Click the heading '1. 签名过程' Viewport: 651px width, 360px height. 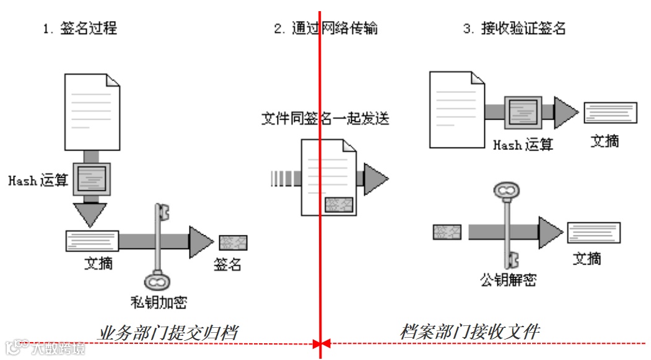[x=81, y=28]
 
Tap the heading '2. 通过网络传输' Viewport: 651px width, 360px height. [x=326, y=28]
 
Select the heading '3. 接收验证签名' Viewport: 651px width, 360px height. [x=515, y=28]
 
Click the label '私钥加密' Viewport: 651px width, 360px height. [x=159, y=302]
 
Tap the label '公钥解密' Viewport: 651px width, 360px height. [x=508, y=279]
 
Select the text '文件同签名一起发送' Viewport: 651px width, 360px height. [x=325, y=118]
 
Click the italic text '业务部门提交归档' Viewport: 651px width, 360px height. [x=168, y=333]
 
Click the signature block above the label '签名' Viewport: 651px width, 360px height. [x=234, y=242]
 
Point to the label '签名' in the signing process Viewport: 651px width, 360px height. [x=227, y=264]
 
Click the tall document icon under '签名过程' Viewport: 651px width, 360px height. [x=92, y=112]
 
